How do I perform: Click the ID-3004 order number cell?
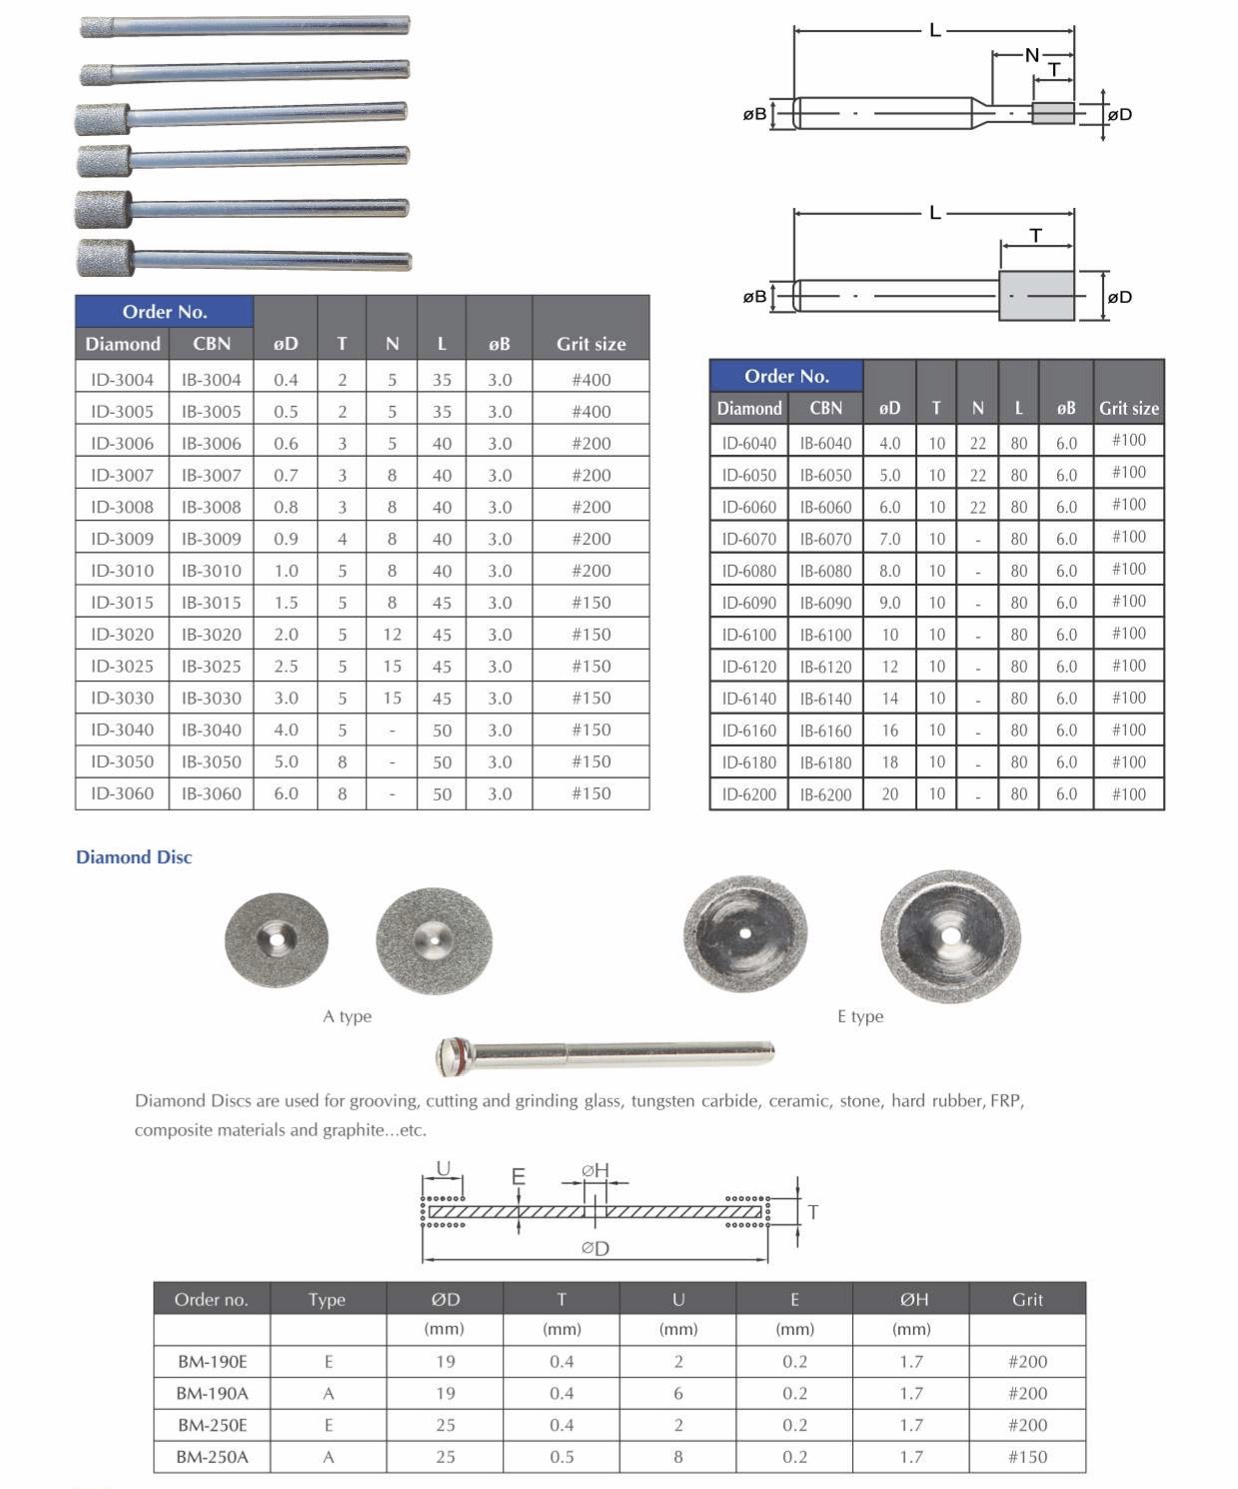tap(122, 380)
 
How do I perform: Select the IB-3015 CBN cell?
tap(211, 603)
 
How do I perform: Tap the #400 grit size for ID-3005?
tap(591, 412)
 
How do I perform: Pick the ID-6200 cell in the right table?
tap(748, 794)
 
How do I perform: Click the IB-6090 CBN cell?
tap(825, 603)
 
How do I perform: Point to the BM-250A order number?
tap(212, 1457)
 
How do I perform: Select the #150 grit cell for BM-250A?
tap(1027, 1457)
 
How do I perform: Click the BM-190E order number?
tap(212, 1361)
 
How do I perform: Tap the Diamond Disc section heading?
tap(134, 857)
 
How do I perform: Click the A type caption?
tap(347, 1016)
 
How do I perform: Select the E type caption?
tap(860, 1016)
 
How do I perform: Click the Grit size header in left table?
tap(591, 344)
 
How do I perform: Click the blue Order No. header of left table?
tap(164, 312)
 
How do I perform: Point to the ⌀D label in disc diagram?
tap(596, 1248)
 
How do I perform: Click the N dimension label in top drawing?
tap(1031, 55)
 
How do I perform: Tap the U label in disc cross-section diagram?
tap(444, 1168)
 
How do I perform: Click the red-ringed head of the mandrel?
tap(455, 1055)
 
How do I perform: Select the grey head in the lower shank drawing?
tap(1036, 296)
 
